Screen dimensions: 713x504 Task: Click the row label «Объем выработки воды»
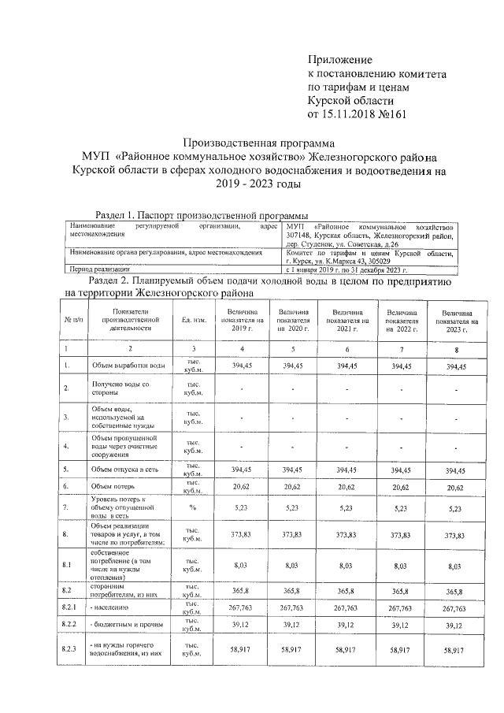[x=128, y=366]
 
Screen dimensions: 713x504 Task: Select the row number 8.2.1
[x=71, y=608]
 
